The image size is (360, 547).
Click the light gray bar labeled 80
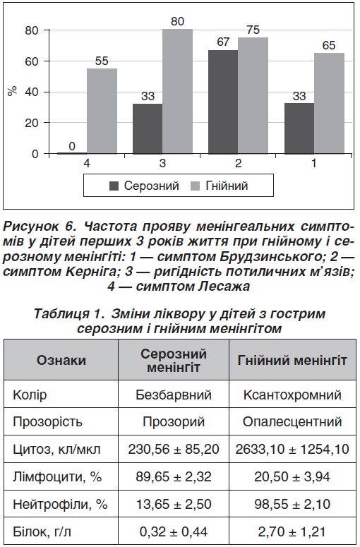pyautogui.click(x=178, y=91)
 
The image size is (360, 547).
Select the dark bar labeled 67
pyautogui.click(x=223, y=102)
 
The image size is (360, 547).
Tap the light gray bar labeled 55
pyautogui.click(x=102, y=111)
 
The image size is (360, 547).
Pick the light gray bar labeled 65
pyautogui.click(x=329, y=104)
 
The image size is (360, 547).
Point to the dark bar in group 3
pyautogui.click(x=148, y=128)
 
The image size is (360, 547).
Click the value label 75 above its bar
pyautogui.click(x=253, y=30)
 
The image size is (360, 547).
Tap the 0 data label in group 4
pyautogui.click(x=72, y=146)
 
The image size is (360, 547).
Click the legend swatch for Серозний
pyautogui.click(x=114, y=186)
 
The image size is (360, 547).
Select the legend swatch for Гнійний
pyautogui.click(x=196, y=186)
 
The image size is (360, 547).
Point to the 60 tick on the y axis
pyautogui.click(x=32, y=61)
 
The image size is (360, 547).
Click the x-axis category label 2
pyautogui.click(x=239, y=163)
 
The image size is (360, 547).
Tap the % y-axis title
pyautogui.click(x=13, y=91)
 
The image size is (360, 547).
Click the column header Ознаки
pyautogui.click(x=61, y=360)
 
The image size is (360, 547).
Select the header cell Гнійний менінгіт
pyautogui.click(x=292, y=360)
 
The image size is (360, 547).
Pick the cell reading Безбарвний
pyautogui.click(x=174, y=395)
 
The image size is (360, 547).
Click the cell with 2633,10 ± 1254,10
pyautogui.click(x=292, y=449)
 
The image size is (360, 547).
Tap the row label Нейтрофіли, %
pyautogui.click(x=60, y=504)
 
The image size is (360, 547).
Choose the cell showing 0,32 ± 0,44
pyautogui.click(x=174, y=532)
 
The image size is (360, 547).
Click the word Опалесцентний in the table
pyautogui.click(x=292, y=422)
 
